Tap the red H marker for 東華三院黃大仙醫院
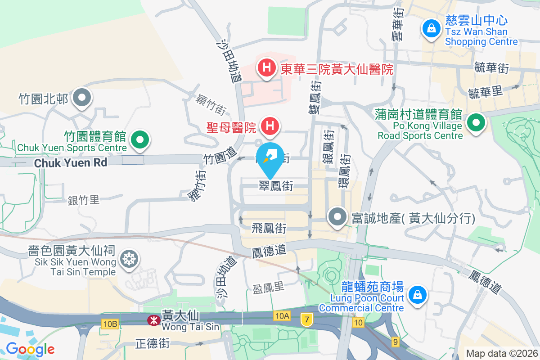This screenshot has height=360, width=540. coord(266,68)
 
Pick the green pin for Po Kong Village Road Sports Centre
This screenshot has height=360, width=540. coord(475,122)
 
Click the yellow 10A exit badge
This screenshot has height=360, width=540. coord(282,316)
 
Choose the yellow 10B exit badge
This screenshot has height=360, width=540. coord(110,324)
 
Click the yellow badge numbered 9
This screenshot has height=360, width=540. coord(395,342)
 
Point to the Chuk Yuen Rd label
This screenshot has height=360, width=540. coord(71,162)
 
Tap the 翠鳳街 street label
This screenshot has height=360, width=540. coord(276,185)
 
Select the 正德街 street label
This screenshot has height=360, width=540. coord(153,344)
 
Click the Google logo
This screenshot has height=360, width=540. coord(30,349)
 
